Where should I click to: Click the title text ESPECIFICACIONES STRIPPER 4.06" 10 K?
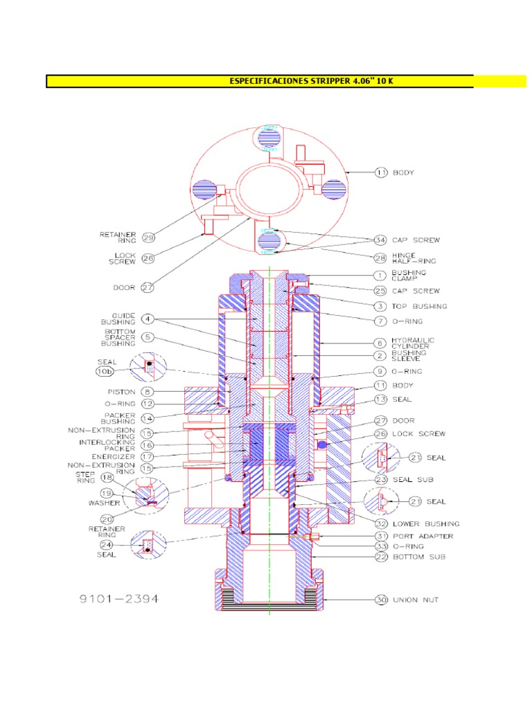click(x=311, y=82)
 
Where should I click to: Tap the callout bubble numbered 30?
click(x=380, y=600)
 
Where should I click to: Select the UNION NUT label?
click(x=416, y=600)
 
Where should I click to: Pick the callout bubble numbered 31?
click(x=380, y=536)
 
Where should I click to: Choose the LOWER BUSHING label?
click(x=426, y=524)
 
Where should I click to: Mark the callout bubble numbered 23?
click(x=380, y=478)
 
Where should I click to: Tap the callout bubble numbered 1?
click(x=380, y=276)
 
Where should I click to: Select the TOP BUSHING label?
click(x=420, y=306)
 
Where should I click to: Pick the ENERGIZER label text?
click(x=114, y=457)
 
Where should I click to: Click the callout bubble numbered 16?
click(x=148, y=445)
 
